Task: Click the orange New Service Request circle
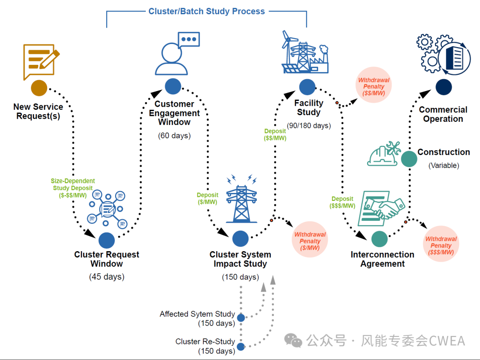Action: [39, 88]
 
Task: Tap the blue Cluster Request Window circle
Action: [107, 240]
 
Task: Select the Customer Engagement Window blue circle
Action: [173, 86]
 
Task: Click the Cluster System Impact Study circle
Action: [240, 239]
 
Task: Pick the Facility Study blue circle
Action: [307, 87]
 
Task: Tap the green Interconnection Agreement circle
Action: [379, 239]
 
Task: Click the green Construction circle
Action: [409, 159]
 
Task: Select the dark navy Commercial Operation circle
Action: [444, 87]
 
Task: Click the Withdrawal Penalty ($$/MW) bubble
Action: [373, 85]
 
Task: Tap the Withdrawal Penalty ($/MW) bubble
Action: [310, 240]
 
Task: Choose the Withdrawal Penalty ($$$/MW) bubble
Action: [441, 244]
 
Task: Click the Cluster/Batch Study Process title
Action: [207, 11]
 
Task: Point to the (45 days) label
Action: [107, 277]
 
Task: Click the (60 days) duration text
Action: [174, 136]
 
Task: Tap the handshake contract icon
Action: [381, 208]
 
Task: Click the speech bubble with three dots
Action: [189, 40]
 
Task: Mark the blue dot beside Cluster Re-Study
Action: [241, 347]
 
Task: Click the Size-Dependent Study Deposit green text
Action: [73, 188]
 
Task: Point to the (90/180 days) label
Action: [309, 125]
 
